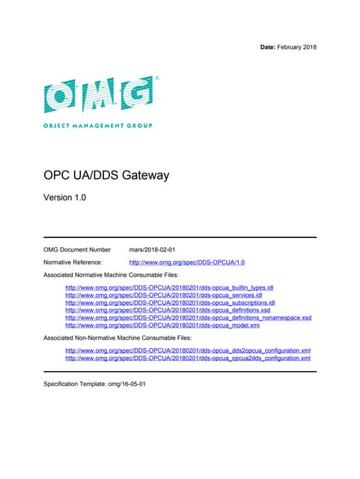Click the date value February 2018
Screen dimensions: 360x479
click(x=297, y=47)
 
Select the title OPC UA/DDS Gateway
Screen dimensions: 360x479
click(x=106, y=176)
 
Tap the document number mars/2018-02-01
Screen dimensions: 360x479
click(x=153, y=249)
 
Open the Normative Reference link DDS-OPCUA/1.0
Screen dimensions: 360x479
click(x=187, y=263)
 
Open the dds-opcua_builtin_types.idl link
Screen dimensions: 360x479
click(x=170, y=287)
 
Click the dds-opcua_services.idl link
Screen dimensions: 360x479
click(x=164, y=295)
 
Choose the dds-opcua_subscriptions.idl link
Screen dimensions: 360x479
click(x=171, y=302)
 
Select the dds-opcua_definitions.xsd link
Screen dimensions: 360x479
click(x=168, y=310)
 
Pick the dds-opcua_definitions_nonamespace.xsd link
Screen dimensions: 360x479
click(x=189, y=317)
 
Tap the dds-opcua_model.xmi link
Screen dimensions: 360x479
click(x=162, y=325)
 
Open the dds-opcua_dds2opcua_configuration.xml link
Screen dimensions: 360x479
click(x=188, y=350)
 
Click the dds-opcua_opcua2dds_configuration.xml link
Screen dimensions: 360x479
click(x=188, y=359)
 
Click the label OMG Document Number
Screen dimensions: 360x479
click(x=77, y=249)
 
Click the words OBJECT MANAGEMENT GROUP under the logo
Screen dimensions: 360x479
click(x=98, y=125)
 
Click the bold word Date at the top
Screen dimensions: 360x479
click(x=267, y=47)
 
